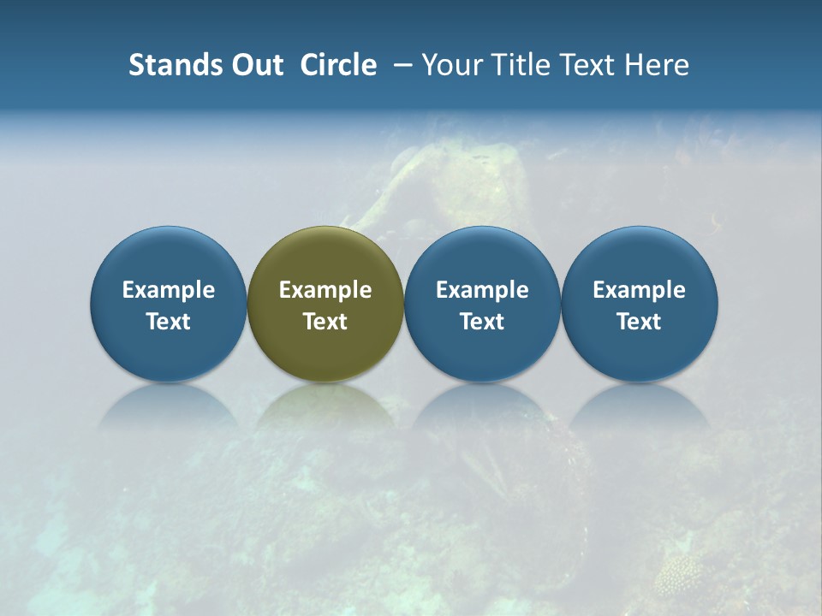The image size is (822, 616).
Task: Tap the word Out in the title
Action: click(x=255, y=65)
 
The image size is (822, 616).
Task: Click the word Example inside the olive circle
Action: click(x=325, y=290)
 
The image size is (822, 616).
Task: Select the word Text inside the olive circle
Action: click(x=325, y=322)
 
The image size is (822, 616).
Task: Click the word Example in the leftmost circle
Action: click(x=169, y=290)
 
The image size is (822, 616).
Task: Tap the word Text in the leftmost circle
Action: click(x=169, y=322)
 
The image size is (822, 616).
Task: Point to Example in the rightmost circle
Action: click(x=640, y=290)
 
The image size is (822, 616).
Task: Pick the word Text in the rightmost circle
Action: click(x=640, y=322)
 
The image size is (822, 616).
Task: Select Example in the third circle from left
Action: click(x=482, y=290)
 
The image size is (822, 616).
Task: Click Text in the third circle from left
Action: click(x=482, y=322)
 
